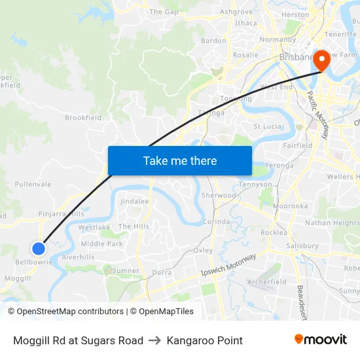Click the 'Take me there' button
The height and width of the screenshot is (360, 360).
pyautogui.click(x=180, y=160)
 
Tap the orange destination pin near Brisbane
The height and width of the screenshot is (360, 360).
pyautogui.click(x=322, y=60)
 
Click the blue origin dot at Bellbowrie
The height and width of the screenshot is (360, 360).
pyautogui.click(x=39, y=248)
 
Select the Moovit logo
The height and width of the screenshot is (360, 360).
pyautogui.click(x=321, y=340)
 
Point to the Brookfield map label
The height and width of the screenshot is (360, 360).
pyautogui.click(x=83, y=118)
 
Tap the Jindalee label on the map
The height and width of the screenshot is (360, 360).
pyautogui.click(x=135, y=202)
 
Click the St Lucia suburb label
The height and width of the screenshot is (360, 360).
pyautogui.click(x=267, y=126)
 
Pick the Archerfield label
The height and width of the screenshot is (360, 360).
pyautogui.click(x=266, y=282)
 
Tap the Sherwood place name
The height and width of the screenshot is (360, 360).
pyautogui.click(x=219, y=196)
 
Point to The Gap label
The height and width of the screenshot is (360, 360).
pyautogui.click(x=164, y=12)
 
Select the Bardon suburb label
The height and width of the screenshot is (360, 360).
pyautogui.click(x=213, y=41)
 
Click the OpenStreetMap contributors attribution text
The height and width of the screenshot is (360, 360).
pyautogui.click(x=70, y=312)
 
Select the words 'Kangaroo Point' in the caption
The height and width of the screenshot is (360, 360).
pyautogui.click(x=205, y=340)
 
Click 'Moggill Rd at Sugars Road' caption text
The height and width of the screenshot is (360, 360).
pyautogui.click(x=78, y=340)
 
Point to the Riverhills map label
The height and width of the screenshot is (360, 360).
pyautogui.click(x=79, y=257)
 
